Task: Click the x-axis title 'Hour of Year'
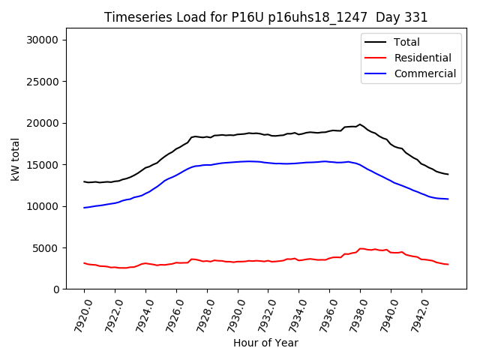click(x=265, y=343)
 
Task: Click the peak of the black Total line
click(x=360, y=124)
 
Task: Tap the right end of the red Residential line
click(x=448, y=264)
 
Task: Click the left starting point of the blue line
click(x=85, y=208)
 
